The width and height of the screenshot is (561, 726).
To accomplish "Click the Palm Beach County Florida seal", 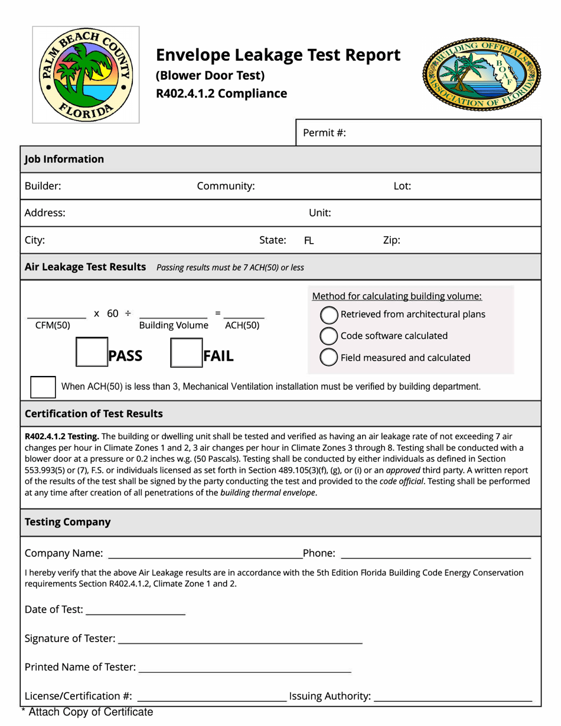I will pyautogui.click(x=86, y=74).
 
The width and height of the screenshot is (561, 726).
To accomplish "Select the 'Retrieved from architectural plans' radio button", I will pyautogui.click(x=328, y=315).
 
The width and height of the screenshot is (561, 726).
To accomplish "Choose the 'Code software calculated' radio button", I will pyautogui.click(x=328, y=336).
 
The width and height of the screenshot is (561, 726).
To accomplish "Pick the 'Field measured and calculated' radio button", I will pyautogui.click(x=328, y=357).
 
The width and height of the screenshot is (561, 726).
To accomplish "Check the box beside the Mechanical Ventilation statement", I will pyautogui.click(x=43, y=387).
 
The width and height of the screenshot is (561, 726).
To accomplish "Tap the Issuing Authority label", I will pyautogui.click(x=330, y=698).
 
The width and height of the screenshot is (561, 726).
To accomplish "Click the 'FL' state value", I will pyautogui.click(x=309, y=241).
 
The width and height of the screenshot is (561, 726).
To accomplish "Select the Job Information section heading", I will pyautogui.click(x=64, y=159).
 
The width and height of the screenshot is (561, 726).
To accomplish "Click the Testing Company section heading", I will pyautogui.click(x=67, y=522).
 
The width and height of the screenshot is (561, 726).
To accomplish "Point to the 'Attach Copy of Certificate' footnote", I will pyautogui.click(x=87, y=712).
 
